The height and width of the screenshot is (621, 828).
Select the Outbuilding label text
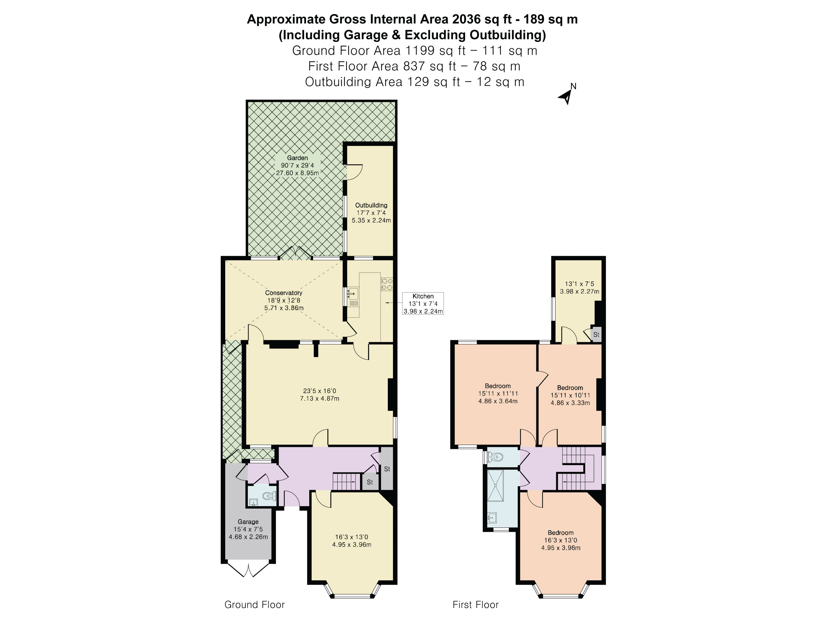tap(371, 205)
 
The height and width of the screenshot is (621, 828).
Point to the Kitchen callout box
tap(423, 303)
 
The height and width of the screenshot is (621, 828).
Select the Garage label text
tap(248, 522)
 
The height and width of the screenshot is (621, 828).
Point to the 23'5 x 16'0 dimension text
tap(319, 391)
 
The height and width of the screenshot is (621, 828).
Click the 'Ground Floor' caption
tap(255, 604)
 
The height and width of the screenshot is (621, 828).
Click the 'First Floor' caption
tap(475, 604)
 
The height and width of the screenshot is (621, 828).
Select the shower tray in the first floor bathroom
tap(495, 486)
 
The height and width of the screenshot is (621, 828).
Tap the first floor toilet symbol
tap(495, 457)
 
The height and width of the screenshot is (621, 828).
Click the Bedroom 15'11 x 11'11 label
tap(497, 394)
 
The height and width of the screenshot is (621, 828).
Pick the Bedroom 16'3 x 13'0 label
tap(560, 540)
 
